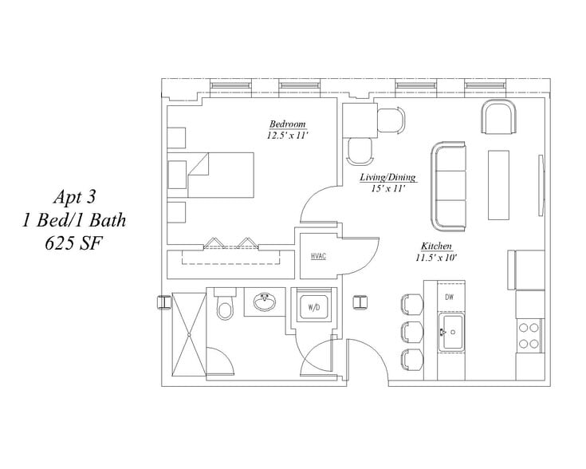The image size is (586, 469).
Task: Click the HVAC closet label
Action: click(x=318, y=257)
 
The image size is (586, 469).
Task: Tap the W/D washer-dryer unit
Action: click(x=314, y=307)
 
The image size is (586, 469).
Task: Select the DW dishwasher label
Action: click(x=449, y=298)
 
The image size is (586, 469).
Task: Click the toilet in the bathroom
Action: click(x=225, y=304)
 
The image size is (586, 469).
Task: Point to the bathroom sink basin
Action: click(x=265, y=301)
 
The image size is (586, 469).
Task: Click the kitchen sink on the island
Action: click(x=451, y=332)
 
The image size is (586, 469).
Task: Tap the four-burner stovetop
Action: click(x=529, y=336)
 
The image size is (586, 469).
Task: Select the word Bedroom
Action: click(x=287, y=124)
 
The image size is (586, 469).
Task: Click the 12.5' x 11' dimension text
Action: click(x=287, y=135)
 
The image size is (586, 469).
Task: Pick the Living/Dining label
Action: click(x=388, y=177)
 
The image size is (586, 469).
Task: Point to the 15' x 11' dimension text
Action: click(x=388, y=188)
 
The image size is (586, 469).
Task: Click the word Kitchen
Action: click(x=437, y=246)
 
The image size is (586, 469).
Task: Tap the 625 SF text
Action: click(x=73, y=243)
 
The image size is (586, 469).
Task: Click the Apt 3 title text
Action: click(x=74, y=197)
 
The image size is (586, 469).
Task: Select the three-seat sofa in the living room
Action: click(x=448, y=186)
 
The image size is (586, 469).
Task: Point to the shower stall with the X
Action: click(x=189, y=334)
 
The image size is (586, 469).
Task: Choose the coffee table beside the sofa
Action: click(x=498, y=185)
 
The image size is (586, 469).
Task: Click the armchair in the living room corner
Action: click(x=498, y=116)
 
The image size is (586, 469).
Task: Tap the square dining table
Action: click(x=360, y=120)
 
